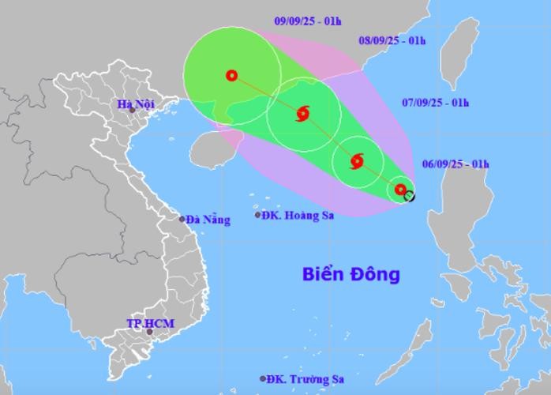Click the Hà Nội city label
(x=135, y=104)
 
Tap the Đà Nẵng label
(x=209, y=220)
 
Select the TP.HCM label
(x=150, y=324)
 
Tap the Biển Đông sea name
(x=351, y=275)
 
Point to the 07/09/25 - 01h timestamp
(x=434, y=103)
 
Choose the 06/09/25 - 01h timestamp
(x=455, y=164)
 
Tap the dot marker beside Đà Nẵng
(x=182, y=219)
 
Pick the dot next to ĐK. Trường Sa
(x=263, y=379)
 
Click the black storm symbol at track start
(x=409, y=195)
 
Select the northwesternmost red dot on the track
(x=231, y=76)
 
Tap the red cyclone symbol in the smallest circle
(x=356, y=162)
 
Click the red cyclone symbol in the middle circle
(x=303, y=115)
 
